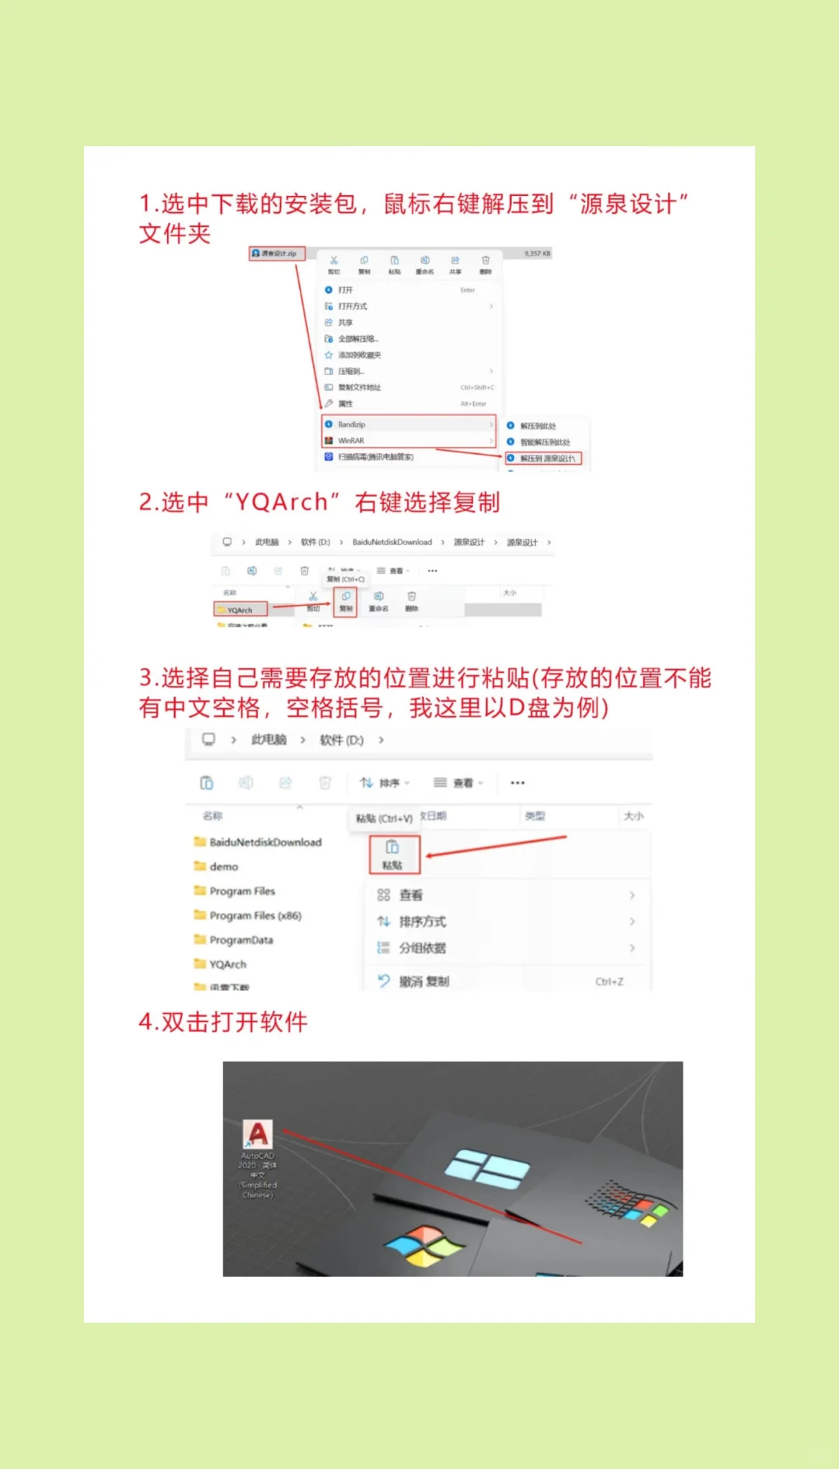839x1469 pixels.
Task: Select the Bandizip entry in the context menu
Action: (x=351, y=424)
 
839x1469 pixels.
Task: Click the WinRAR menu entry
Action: (x=350, y=441)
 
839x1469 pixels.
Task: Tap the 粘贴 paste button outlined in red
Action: (x=394, y=854)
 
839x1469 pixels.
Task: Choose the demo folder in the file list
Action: (x=223, y=867)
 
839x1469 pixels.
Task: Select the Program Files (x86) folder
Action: (x=255, y=916)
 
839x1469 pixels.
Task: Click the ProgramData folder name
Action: (x=241, y=940)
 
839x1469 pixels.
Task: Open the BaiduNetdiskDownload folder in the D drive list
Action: (x=264, y=843)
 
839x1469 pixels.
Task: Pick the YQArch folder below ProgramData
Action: (x=227, y=965)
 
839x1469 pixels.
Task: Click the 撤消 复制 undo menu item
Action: (x=423, y=982)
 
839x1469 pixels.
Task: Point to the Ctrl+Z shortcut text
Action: (x=609, y=982)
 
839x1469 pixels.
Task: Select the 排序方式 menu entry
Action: (x=422, y=922)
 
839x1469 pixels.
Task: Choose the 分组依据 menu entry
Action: (x=422, y=948)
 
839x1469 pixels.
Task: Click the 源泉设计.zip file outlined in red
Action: (x=277, y=253)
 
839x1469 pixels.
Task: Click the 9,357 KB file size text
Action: (x=537, y=253)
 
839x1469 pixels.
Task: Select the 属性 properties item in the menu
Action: (x=345, y=404)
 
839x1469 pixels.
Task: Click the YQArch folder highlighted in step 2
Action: (x=240, y=610)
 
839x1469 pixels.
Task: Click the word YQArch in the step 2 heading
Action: (x=281, y=502)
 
